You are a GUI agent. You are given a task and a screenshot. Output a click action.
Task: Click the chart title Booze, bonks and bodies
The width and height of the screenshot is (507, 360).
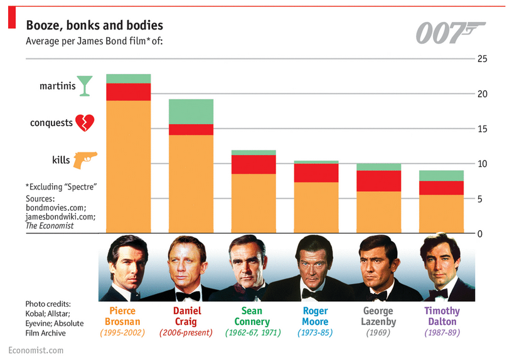tap(94, 25)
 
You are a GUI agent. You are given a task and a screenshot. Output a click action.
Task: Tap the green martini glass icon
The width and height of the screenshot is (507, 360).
tap(85, 86)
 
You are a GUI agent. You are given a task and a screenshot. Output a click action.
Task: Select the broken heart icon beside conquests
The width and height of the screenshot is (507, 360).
tap(85, 122)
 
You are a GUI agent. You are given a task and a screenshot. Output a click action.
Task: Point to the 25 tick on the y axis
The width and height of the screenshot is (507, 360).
tap(483, 59)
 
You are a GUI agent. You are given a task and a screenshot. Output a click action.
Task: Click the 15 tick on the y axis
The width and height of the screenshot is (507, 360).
tap(483, 129)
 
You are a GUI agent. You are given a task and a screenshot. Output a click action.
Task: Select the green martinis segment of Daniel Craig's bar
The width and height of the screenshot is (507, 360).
tap(191, 112)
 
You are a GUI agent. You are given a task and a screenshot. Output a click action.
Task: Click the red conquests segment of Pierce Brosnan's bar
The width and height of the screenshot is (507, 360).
tap(128, 92)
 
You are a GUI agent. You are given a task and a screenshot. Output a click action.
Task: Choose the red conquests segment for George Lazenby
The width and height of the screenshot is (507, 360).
tap(379, 181)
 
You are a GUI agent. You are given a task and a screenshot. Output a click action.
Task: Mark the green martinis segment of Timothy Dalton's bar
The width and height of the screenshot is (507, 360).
tap(442, 176)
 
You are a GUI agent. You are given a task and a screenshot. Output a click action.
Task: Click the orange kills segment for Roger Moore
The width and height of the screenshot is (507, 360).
tap(316, 208)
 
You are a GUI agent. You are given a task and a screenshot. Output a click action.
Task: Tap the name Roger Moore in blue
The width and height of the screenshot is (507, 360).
tap(315, 316)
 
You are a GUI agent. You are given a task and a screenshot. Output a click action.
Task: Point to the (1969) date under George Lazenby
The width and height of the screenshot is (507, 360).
tap(378, 332)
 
